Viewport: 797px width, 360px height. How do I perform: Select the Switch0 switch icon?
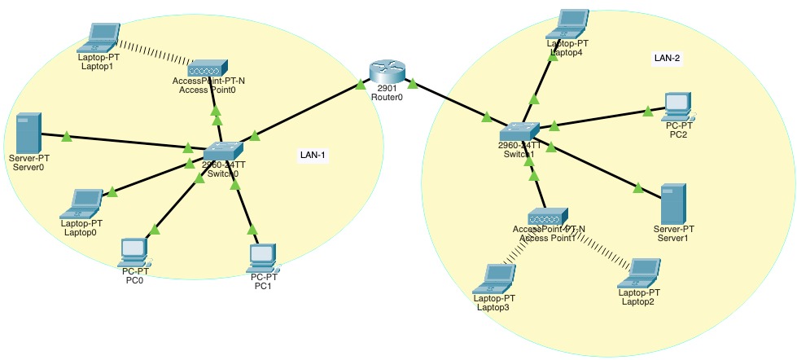click(223, 151)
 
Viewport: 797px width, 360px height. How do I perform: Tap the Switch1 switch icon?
click(519, 131)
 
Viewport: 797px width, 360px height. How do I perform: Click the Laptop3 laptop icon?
click(494, 277)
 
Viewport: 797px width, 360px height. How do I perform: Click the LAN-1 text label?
click(314, 155)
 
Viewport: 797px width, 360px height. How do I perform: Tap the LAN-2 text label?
click(667, 59)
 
